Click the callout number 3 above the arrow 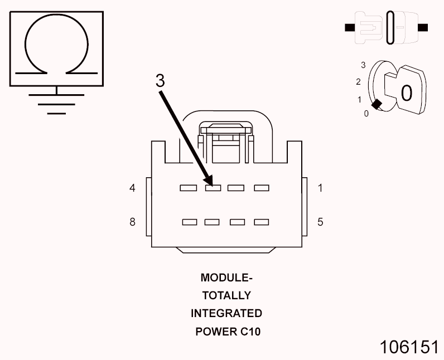tap(160, 81)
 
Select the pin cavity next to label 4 tap(189, 188)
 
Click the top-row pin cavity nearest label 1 tap(262, 188)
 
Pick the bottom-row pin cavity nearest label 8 tap(190, 222)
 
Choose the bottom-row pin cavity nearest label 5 tap(262, 222)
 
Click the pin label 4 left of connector tap(132, 188)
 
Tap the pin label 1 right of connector tap(320, 188)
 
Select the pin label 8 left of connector tap(132, 222)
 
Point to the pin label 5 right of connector tap(320, 222)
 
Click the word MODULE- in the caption tap(226, 278)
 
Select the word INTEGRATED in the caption tap(226, 313)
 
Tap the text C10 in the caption tap(250, 332)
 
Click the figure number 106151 tap(409, 347)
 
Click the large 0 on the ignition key tap(407, 93)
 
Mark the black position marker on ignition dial tap(377, 104)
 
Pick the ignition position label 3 tap(363, 65)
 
